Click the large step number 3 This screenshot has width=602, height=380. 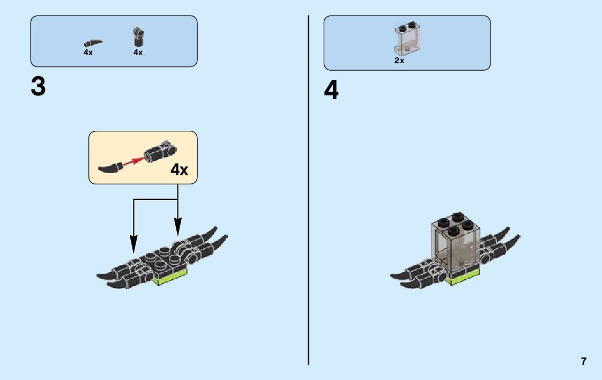tap(38, 87)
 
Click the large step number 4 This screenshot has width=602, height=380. tap(331, 91)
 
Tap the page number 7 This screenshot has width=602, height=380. tap(584, 361)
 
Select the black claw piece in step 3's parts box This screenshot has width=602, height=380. tap(93, 42)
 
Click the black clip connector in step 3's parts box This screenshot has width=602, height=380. tap(138, 38)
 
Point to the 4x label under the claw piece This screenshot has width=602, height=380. tap(88, 53)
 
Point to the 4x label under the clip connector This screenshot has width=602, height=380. tap(138, 53)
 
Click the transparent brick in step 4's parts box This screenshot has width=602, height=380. tap(407, 39)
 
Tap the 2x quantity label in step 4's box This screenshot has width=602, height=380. tap(399, 61)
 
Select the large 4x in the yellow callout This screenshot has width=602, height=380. tap(180, 170)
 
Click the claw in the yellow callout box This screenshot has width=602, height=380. tap(110, 167)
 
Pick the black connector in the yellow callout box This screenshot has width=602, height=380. tap(160, 153)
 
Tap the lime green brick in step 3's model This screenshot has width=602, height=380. tap(170, 277)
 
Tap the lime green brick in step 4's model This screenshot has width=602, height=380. tap(463, 277)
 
